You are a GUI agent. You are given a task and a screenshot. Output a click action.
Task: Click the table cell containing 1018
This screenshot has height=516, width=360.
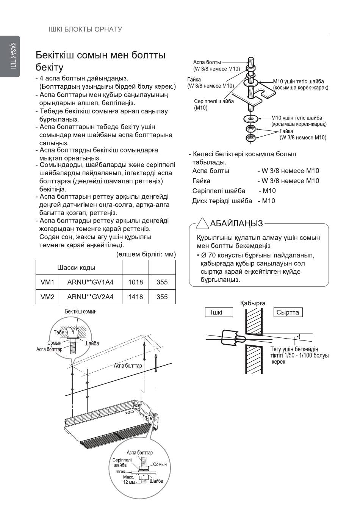[135, 282]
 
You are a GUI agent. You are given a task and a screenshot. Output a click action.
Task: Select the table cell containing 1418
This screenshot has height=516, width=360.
[135, 296]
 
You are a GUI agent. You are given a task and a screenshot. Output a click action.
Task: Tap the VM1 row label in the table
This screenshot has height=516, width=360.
[47, 282]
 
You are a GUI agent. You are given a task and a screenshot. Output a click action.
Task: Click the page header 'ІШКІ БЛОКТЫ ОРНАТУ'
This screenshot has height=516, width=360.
[85, 29]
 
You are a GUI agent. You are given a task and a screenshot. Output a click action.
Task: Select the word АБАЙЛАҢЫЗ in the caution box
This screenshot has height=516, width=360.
[236, 223]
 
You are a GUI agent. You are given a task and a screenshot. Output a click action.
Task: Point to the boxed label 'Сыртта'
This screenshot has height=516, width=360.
[288, 312]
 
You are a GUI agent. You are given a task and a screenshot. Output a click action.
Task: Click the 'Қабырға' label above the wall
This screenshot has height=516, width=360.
[252, 303]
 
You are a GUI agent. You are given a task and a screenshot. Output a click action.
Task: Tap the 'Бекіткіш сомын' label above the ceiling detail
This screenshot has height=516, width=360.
[81, 311]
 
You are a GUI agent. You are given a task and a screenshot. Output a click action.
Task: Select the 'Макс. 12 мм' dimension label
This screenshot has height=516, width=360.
[129, 480]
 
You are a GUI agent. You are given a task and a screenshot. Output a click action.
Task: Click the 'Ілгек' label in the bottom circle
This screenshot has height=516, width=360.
[120, 471]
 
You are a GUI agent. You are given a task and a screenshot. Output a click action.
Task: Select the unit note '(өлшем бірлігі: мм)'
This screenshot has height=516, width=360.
[146, 254]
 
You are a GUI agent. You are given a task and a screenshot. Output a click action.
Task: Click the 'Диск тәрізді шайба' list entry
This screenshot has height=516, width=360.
[222, 201]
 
